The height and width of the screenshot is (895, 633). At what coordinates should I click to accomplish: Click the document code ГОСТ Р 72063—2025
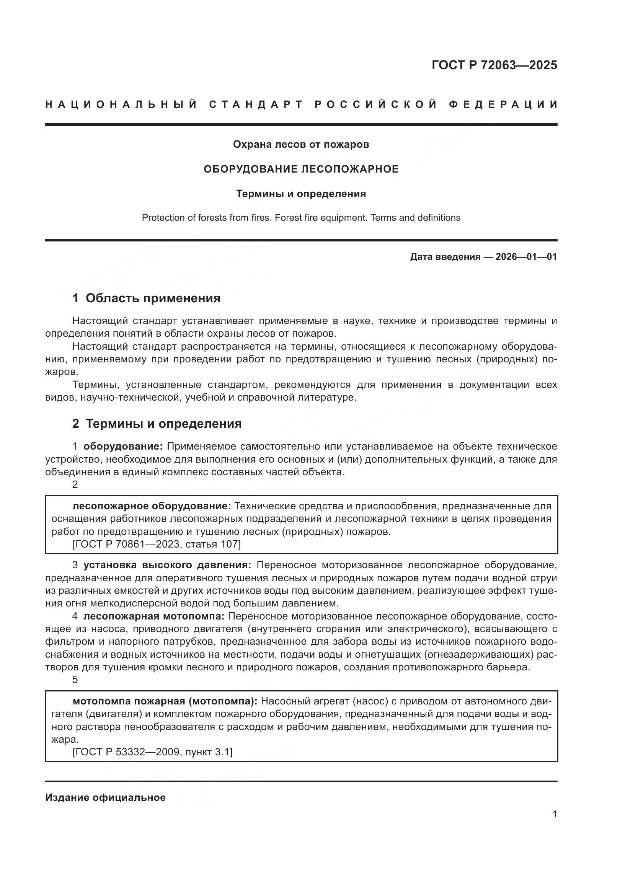(x=494, y=65)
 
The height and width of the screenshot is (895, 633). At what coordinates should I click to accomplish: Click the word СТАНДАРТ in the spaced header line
(x=256, y=104)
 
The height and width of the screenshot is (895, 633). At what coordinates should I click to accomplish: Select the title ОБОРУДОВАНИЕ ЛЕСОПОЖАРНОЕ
(x=301, y=169)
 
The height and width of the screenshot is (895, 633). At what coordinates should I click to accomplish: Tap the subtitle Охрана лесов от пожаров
(x=301, y=145)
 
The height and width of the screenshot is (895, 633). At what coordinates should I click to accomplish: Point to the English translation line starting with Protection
(x=301, y=217)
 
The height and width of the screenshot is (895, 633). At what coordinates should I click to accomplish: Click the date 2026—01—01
(x=526, y=257)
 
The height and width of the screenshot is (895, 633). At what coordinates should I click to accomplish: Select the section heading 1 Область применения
(x=146, y=298)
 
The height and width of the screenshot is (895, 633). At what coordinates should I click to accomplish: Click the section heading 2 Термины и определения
(x=157, y=424)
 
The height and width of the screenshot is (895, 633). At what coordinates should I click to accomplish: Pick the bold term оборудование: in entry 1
(x=123, y=446)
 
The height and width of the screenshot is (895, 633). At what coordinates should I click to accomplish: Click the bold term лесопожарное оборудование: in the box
(x=152, y=506)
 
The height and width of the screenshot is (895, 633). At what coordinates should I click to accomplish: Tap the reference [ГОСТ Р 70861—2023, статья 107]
(x=157, y=544)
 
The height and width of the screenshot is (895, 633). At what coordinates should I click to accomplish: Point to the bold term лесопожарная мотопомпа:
(x=153, y=616)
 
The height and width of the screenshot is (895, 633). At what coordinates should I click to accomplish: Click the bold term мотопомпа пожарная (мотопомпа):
(x=165, y=701)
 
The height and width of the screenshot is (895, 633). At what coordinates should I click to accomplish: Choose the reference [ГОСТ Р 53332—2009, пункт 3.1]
(x=152, y=752)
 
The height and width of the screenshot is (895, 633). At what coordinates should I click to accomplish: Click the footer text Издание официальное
(x=105, y=797)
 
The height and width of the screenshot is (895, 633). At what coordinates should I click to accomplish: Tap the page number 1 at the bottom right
(x=554, y=814)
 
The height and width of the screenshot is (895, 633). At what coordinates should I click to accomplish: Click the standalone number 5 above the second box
(x=75, y=680)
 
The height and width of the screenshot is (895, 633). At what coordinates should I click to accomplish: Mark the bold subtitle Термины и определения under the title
(x=301, y=194)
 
